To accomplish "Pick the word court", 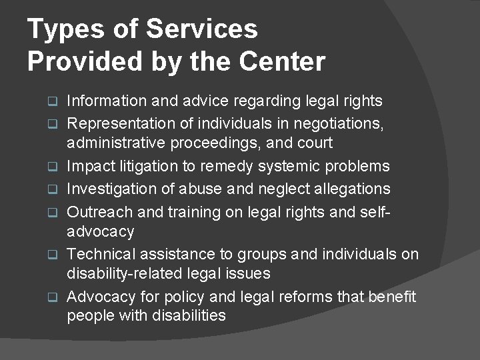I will (314, 143).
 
